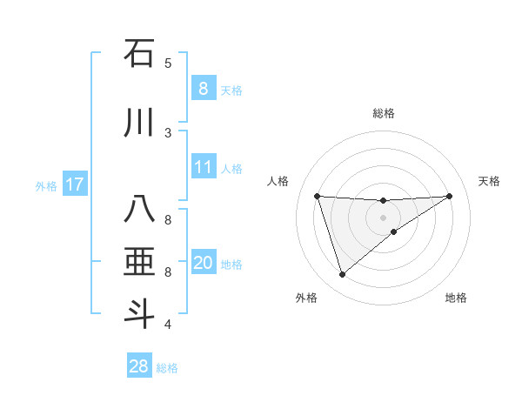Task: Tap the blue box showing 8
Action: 203,88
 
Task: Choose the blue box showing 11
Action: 204,167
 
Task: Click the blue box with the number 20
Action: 204,263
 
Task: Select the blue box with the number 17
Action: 75,184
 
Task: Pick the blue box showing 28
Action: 139,366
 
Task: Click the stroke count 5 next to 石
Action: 168,64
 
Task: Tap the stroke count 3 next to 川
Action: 168,132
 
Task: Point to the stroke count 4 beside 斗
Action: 168,325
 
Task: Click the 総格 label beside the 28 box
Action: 167,368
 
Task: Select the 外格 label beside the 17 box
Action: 46,185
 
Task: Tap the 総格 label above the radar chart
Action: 383,113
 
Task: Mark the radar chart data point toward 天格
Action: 449,196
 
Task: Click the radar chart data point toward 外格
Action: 342,275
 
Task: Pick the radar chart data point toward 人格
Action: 318,196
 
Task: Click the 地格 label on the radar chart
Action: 456,298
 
